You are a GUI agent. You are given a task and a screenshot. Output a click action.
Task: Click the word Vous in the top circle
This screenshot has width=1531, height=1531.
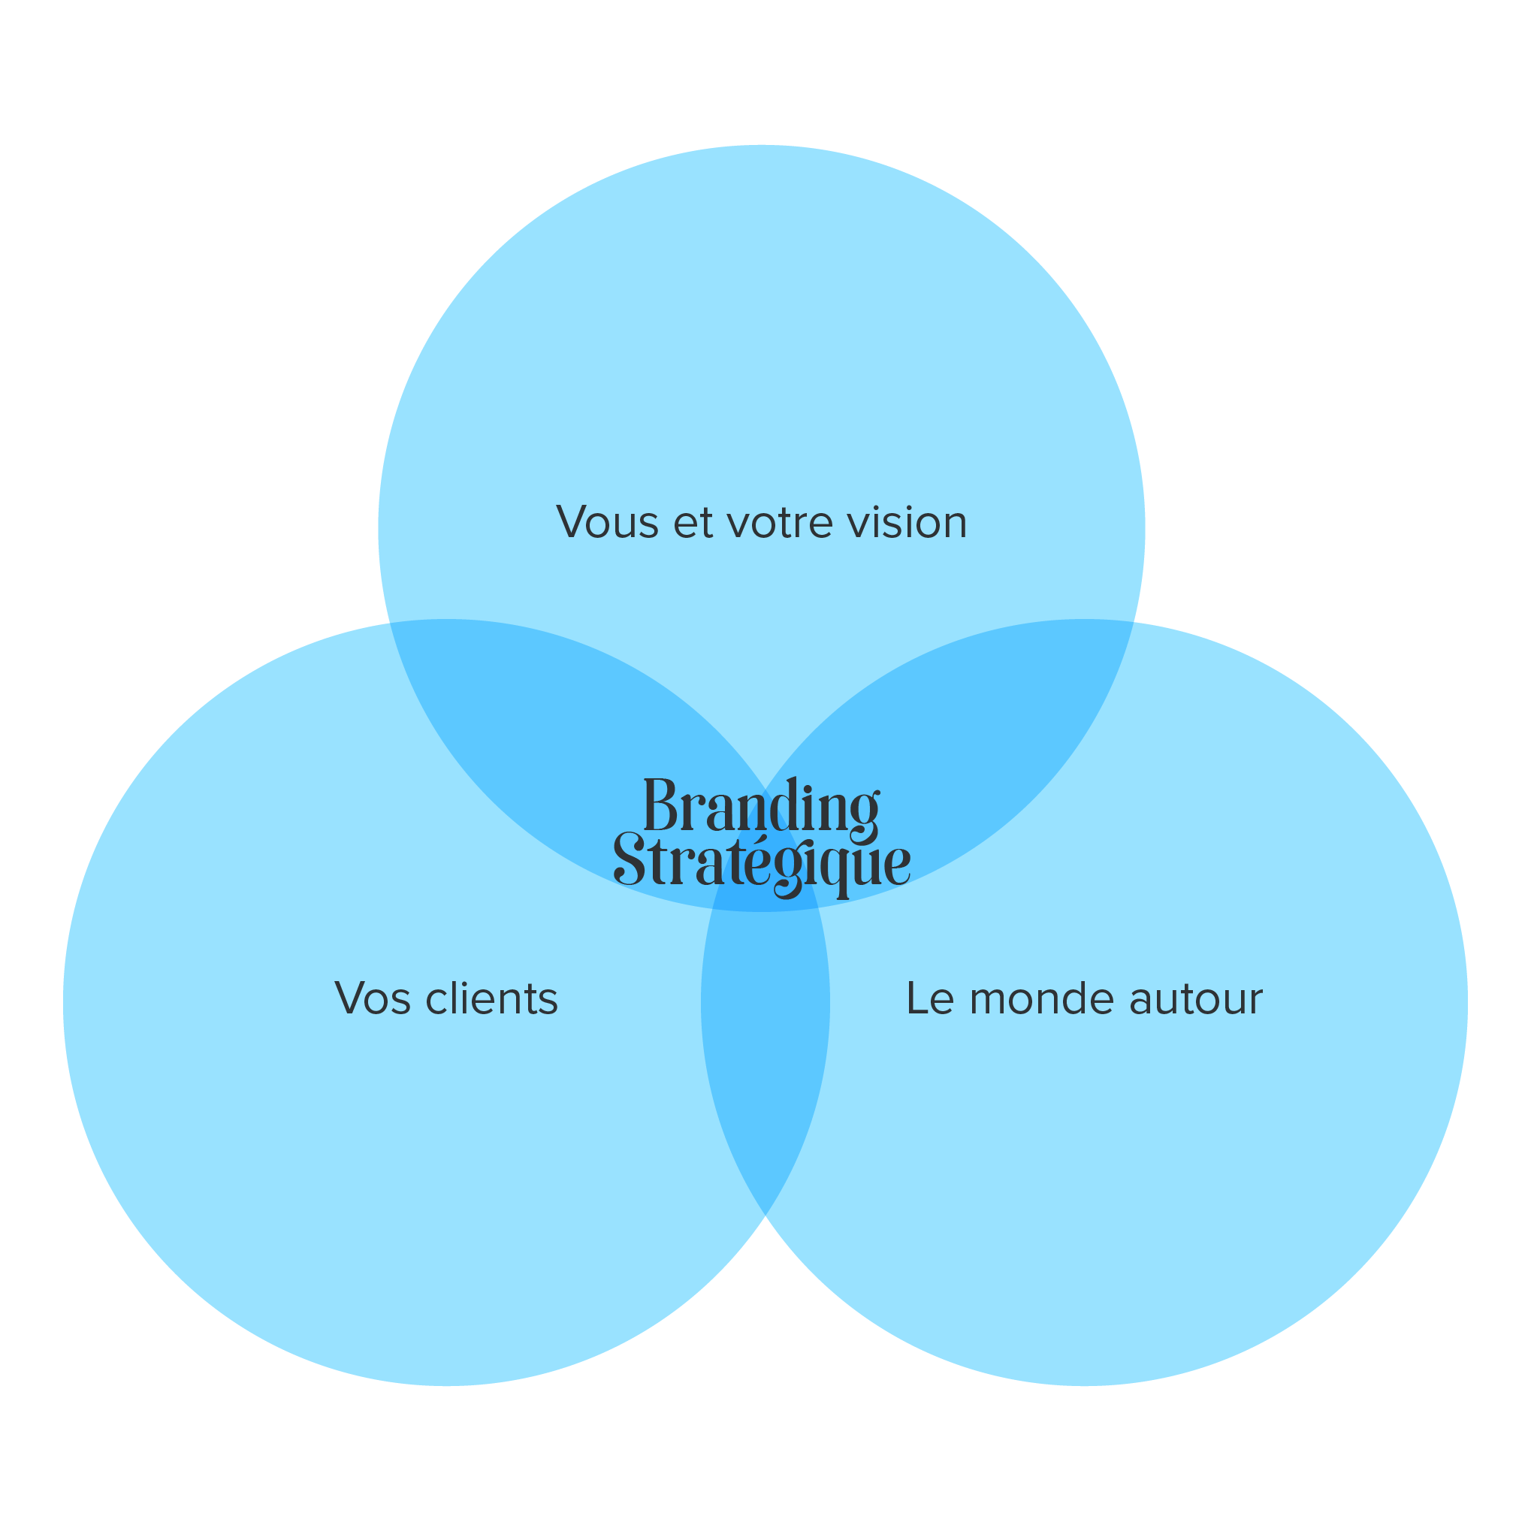point(607,523)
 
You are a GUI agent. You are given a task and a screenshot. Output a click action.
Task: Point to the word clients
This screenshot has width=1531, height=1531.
point(491,998)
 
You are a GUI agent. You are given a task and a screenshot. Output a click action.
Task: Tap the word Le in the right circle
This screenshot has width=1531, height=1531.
point(929,998)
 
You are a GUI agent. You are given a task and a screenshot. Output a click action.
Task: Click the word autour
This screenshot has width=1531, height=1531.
point(1195,998)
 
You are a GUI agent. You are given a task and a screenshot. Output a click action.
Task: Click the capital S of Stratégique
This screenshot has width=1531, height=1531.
point(630,860)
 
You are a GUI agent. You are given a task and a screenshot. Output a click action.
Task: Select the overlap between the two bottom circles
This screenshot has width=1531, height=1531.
point(765,1054)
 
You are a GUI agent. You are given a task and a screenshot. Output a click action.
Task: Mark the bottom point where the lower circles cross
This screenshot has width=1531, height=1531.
point(765,1213)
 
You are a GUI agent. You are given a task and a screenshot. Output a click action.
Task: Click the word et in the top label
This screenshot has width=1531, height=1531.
point(693,523)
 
